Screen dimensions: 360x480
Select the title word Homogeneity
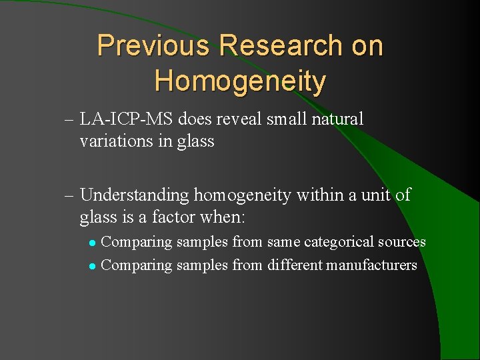pos(240,81)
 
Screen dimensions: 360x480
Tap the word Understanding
pos(135,195)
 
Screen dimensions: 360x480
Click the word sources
pos(403,242)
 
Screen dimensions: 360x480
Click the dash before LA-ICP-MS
pos(69,121)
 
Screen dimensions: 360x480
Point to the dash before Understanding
pos(69,196)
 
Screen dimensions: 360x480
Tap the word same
pos(284,243)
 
